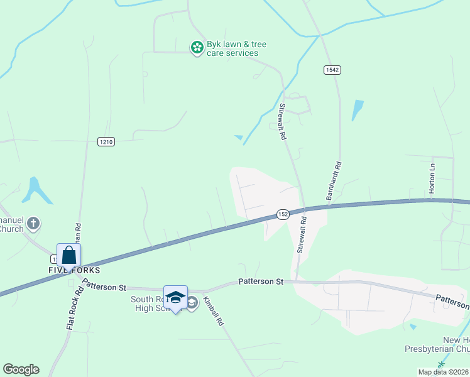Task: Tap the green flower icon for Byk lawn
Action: (197, 46)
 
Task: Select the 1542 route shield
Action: (332, 70)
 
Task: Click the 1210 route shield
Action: (106, 142)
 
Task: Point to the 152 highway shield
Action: (283, 214)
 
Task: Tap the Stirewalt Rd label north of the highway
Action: (283, 122)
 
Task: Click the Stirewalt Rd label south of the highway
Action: (302, 235)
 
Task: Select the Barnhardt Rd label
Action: (334, 182)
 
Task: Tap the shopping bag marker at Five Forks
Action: (69, 255)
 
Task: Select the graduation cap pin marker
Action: (175, 297)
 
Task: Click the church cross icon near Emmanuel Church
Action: (33, 222)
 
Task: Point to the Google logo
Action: (21, 369)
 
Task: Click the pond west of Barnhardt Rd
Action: (358, 110)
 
